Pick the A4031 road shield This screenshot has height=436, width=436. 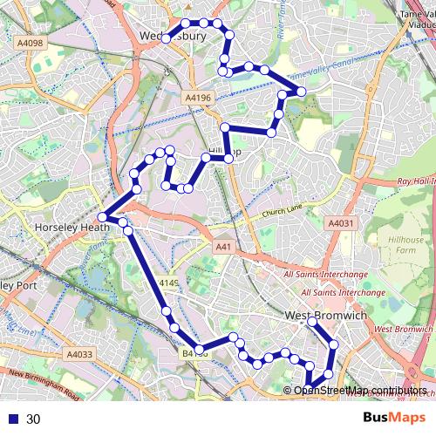tap(341, 224)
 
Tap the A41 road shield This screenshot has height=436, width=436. tap(224, 247)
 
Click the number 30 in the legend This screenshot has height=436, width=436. tap(33, 419)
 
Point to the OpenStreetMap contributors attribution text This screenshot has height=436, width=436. tap(359, 390)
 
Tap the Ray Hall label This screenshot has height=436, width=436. tap(415, 181)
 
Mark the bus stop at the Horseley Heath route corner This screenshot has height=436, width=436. tap(103, 216)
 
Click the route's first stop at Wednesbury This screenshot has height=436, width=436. tap(166, 37)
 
